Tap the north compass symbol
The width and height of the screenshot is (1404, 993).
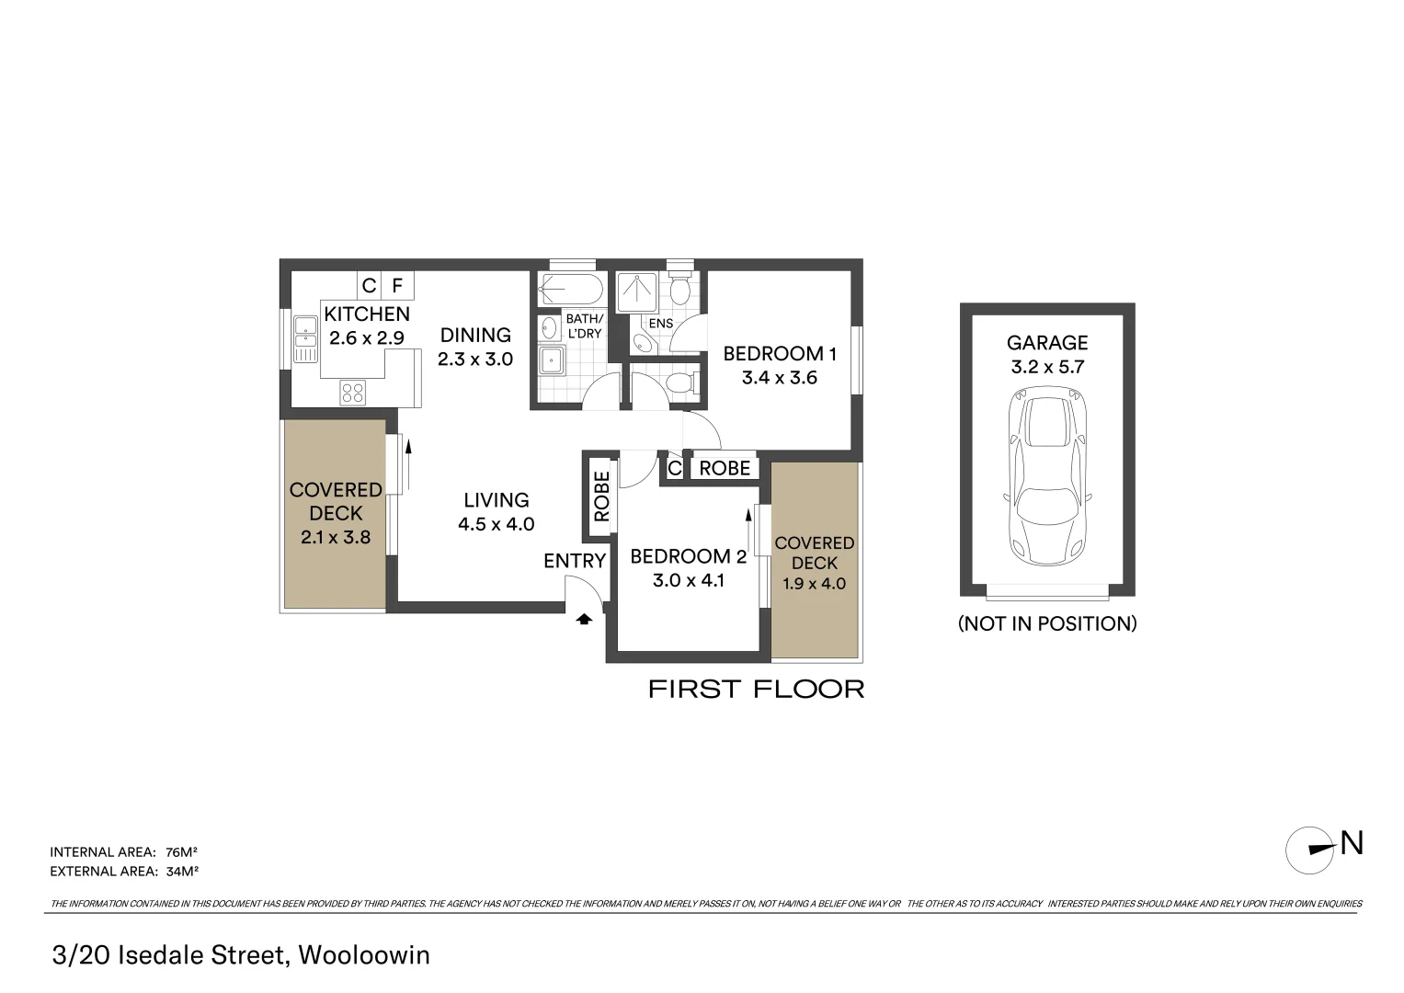[x=1309, y=850]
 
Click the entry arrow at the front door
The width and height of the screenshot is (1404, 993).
[x=583, y=620]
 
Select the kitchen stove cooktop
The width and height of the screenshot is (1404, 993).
[x=352, y=393]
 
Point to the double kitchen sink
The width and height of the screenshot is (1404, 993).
[x=304, y=339]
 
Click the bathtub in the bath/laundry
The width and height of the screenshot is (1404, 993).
[x=571, y=290]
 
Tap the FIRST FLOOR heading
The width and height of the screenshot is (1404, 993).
[x=756, y=690]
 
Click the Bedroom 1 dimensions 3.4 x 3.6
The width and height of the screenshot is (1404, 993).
[x=779, y=378]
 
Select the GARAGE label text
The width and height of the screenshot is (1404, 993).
[x=1047, y=343]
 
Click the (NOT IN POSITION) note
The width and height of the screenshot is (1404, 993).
[x=1047, y=623]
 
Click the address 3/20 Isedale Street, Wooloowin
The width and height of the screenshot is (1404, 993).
[x=241, y=955]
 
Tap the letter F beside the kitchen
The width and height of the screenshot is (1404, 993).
[x=397, y=286]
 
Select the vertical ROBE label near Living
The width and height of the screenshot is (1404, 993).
[x=601, y=496]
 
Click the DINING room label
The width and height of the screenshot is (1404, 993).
[x=475, y=336]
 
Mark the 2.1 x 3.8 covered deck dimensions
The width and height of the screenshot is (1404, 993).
[x=336, y=537]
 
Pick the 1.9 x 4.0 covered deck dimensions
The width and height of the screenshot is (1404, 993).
[x=814, y=584]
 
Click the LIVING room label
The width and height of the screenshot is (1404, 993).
[x=496, y=500]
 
